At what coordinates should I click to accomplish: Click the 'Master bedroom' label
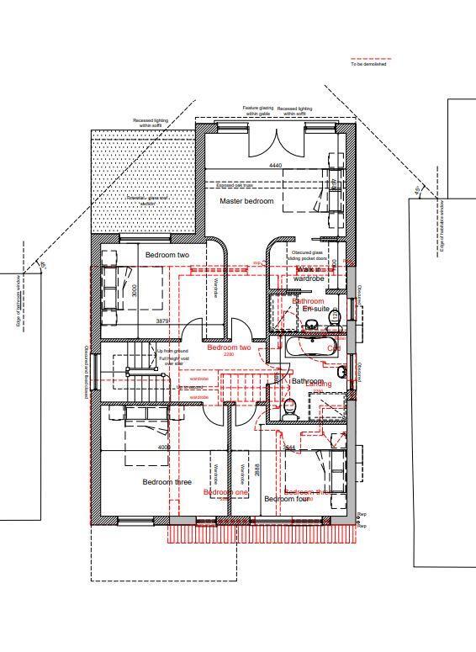click(246, 202)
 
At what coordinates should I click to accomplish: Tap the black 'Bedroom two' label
click(167, 255)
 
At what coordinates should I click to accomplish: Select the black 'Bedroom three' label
click(167, 482)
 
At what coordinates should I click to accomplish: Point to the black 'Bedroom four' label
click(288, 499)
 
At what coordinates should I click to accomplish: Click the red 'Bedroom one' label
click(226, 492)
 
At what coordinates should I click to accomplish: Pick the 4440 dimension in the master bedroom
click(275, 166)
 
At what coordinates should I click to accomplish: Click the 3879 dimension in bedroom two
click(162, 321)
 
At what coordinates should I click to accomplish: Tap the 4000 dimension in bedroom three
click(164, 448)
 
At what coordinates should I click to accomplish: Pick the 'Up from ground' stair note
click(172, 351)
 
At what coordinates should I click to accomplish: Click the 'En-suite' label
click(316, 310)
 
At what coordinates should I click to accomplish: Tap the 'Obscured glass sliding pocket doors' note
click(307, 256)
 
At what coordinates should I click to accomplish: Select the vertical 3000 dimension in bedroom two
click(135, 290)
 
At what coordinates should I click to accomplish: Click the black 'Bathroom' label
click(307, 381)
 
